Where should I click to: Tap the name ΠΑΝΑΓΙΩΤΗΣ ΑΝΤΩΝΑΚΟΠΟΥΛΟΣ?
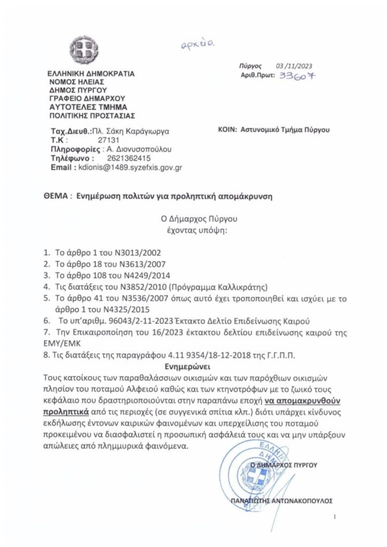(x=282, y=501)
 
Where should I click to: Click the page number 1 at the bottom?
(x=335, y=517)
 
